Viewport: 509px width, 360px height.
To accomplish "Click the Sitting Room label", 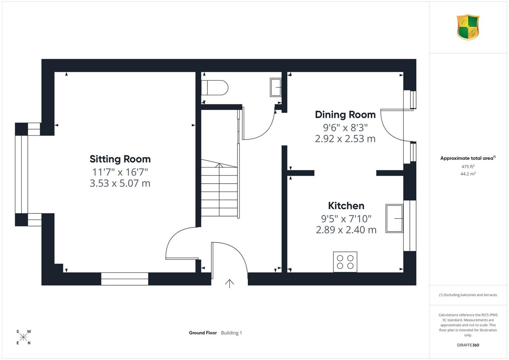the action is [120, 159].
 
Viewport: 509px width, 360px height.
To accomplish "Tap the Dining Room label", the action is [345, 114].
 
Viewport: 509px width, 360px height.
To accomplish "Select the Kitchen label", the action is [346, 206].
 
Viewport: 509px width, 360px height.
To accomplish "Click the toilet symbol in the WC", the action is [214, 88].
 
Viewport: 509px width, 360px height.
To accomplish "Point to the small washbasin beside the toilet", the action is [276, 87].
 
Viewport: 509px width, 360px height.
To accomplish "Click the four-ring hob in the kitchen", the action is [345, 262].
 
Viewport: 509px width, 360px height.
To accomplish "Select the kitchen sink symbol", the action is [394, 218].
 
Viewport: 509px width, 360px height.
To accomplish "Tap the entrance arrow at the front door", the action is [229, 284].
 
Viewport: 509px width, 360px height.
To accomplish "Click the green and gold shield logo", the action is [468, 27].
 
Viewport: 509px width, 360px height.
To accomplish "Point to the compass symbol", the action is [23, 337].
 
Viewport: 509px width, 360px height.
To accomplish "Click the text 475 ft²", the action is [468, 166].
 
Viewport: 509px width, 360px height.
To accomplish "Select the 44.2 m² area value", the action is [468, 174].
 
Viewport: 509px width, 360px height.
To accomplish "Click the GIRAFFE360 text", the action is [468, 345].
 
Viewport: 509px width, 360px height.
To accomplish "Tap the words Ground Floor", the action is [203, 333].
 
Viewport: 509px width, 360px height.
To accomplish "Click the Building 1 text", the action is [231, 333].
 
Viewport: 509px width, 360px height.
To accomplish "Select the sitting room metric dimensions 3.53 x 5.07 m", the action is [120, 183].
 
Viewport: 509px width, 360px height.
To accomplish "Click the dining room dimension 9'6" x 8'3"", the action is [345, 128].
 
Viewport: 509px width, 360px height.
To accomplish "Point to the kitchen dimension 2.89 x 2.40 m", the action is [346, 230].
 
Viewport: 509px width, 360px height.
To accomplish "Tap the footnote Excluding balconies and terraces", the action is [468, 295].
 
